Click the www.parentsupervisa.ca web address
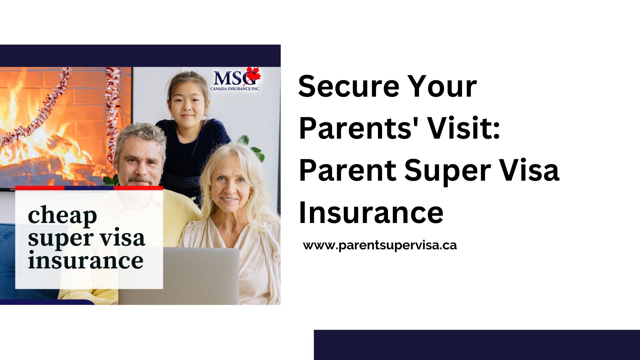click(380, 246)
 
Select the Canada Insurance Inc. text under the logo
click(235, 89)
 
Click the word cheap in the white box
click(62, 216)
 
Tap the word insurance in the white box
click(86, 260)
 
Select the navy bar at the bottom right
click(477, 345)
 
